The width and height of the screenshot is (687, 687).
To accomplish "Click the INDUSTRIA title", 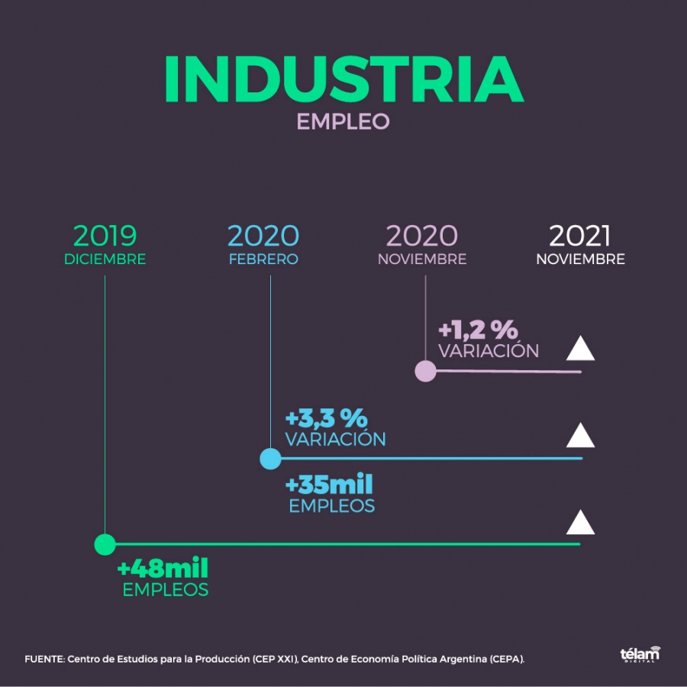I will [x=343, y=79].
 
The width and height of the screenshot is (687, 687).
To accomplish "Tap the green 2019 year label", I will [x=105, y=235].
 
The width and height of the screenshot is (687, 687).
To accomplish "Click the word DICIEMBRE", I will [x=105, y=260].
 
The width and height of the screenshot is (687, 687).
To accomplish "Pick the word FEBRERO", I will [x=263, y=260].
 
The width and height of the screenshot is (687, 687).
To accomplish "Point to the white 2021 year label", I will [x=580, y=235].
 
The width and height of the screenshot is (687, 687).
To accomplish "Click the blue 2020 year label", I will [x=263, y=235].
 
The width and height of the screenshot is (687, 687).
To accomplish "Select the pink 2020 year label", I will [x=422, y=235].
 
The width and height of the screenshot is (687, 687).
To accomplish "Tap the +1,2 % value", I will [x=478, y=331].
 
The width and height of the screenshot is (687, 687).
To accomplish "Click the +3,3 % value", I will [x=326, y=418].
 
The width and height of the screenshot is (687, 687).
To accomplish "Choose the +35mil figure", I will [x=329, y=485].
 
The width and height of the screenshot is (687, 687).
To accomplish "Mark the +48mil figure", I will [x=163, y=569].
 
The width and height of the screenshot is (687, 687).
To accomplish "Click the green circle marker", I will [x=105, y=544].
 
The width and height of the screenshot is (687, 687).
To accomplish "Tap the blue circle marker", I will [x=270, y=459].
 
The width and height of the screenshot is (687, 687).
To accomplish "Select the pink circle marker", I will [x=425, y=372].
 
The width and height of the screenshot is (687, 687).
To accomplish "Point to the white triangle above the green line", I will [x=580, y=524].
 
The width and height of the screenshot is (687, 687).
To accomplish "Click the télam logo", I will [x=640, y=655].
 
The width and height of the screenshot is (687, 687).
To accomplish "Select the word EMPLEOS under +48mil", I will [x=166, y=590].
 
